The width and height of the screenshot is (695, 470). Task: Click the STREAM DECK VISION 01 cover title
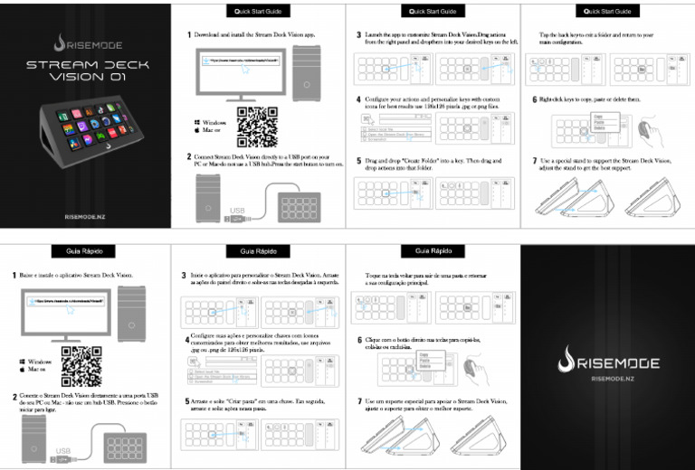point(86,71)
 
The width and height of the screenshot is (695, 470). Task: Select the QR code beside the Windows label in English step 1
point(255,127)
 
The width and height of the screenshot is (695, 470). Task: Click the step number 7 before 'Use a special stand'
point(534,161)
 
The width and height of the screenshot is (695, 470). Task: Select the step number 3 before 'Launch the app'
point(359,34)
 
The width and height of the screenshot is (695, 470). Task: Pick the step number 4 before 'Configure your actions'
point(359,99)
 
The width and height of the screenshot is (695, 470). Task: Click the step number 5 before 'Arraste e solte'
point(186,401)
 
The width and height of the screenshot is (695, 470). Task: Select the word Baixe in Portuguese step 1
point(29,275)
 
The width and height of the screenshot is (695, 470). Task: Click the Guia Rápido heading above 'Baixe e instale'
point(86,250)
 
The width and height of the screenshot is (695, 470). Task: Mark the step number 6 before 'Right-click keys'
point(534,99)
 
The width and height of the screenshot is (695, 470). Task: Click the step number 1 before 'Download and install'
point(187,34)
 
